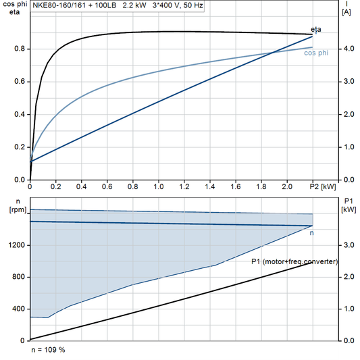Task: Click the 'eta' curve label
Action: (x=316, y=29)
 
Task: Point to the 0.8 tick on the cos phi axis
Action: (x=20, y=49)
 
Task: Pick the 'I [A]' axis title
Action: (x=347, y=8)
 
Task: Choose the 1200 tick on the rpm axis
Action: (x=16, y=245)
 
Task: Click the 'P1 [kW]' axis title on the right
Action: (x=349, y=205)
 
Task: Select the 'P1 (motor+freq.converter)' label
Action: (x=294, y=261)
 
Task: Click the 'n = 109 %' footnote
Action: (x=49, y=351)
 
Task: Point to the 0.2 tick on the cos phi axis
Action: (x=20, y=147)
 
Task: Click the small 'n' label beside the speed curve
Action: (x=312, y=232)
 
